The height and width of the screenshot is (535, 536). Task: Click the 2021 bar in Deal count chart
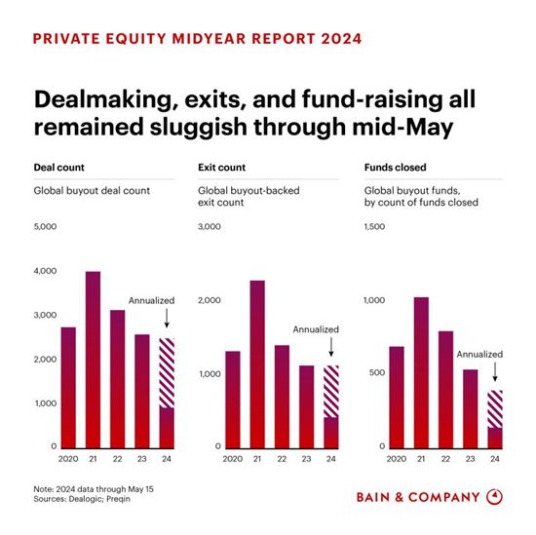[93, 360]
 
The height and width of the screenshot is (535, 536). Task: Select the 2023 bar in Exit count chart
[307, 406]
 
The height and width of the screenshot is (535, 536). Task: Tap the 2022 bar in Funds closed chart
[445, 390]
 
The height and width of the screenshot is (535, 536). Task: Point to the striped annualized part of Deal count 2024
[167, 372]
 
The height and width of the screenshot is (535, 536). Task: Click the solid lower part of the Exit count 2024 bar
[331, 433]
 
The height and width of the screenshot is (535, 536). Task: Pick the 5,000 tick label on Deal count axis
[45, 227]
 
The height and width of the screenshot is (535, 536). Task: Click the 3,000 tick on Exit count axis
[210, 227]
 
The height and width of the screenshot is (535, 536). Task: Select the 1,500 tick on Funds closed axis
[374, 227]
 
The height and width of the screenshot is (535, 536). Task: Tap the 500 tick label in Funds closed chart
[377, 372]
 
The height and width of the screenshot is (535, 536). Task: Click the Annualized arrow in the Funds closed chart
[495, 371]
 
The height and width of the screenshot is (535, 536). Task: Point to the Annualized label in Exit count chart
[316, 329]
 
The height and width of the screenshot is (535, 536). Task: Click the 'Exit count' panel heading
[222, 168]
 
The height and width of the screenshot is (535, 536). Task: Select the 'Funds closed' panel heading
[395, 168]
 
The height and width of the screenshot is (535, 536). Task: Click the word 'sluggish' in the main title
[199, 128]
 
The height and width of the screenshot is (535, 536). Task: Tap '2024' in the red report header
[341, 39]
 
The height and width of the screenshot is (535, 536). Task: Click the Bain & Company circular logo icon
[494, 497]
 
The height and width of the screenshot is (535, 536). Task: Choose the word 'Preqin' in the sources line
[118, 499]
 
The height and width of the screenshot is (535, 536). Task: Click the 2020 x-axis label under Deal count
[68, 459]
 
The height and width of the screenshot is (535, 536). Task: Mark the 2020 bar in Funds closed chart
[397, 398]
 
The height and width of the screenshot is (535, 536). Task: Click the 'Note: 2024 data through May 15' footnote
[94, 489]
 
